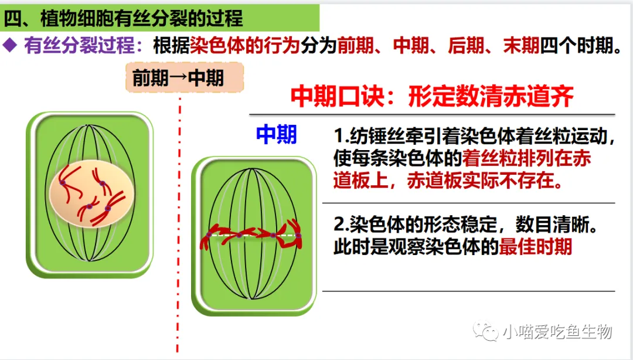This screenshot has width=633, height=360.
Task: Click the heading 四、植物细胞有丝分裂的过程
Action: tap(123, 18)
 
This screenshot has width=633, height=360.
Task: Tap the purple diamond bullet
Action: tap(10, 45)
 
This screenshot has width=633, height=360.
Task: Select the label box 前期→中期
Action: tap(185, 77)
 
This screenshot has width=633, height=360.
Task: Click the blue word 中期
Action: tap(277, 134)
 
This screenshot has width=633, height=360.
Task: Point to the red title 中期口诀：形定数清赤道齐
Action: tap(432, 97)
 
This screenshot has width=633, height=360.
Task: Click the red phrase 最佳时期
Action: tap(535, 246)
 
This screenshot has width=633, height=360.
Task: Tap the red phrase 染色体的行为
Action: tap(245, 45)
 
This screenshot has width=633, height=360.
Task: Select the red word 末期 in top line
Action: tap(521, 45)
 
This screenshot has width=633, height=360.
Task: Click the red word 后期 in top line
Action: tap(466, 45)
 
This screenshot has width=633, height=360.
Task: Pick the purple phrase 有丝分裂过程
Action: tap(79, 45)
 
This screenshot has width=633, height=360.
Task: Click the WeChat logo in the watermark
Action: tap(486, 331)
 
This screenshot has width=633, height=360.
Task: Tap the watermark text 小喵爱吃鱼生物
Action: tap(557, 332)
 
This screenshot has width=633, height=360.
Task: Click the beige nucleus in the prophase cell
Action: tap(92, 193)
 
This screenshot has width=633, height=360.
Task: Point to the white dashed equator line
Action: tap(253, 235)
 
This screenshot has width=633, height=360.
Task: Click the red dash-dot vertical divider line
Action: tap(179, 225)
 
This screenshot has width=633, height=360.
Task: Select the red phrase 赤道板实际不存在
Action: tap(485, 180)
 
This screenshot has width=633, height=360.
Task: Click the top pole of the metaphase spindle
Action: tap(252, 169)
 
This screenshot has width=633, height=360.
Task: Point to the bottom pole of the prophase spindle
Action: tap(90, 260)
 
